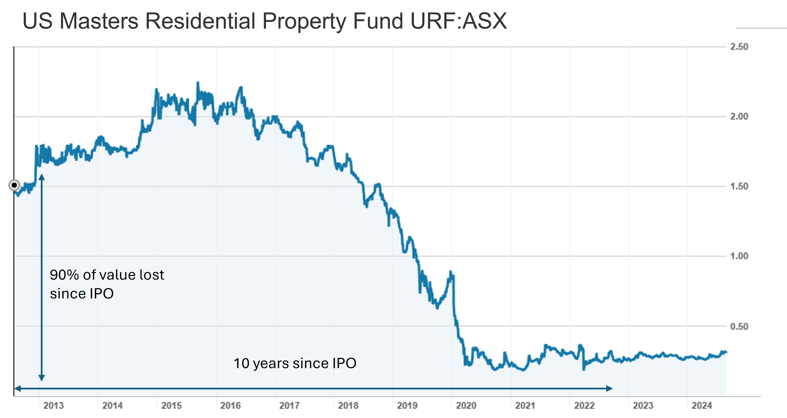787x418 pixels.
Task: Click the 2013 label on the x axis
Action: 53,406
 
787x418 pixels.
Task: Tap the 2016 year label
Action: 230,406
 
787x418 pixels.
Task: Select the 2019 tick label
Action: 407,406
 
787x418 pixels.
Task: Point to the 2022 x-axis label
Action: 584,406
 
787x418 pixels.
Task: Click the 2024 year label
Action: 702,406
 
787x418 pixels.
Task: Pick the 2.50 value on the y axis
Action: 739,47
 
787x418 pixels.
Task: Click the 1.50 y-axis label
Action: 739,186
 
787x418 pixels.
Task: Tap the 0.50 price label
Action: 739,326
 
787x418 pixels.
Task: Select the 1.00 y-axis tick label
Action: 739,256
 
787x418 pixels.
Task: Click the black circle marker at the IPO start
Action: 14,185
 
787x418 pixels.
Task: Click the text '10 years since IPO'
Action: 295,363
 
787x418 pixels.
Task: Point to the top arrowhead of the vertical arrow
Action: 42,177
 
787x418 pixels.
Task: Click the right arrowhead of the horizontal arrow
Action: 609,389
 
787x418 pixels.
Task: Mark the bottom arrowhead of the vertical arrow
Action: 42,378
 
